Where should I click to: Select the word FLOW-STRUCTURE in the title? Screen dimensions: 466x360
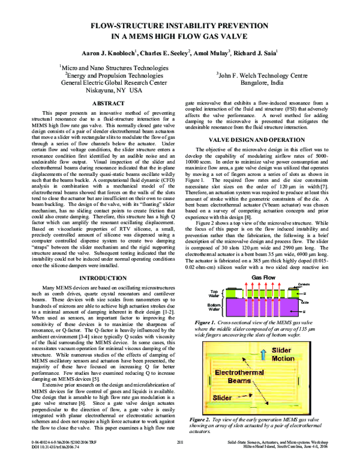tap(122, 26)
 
